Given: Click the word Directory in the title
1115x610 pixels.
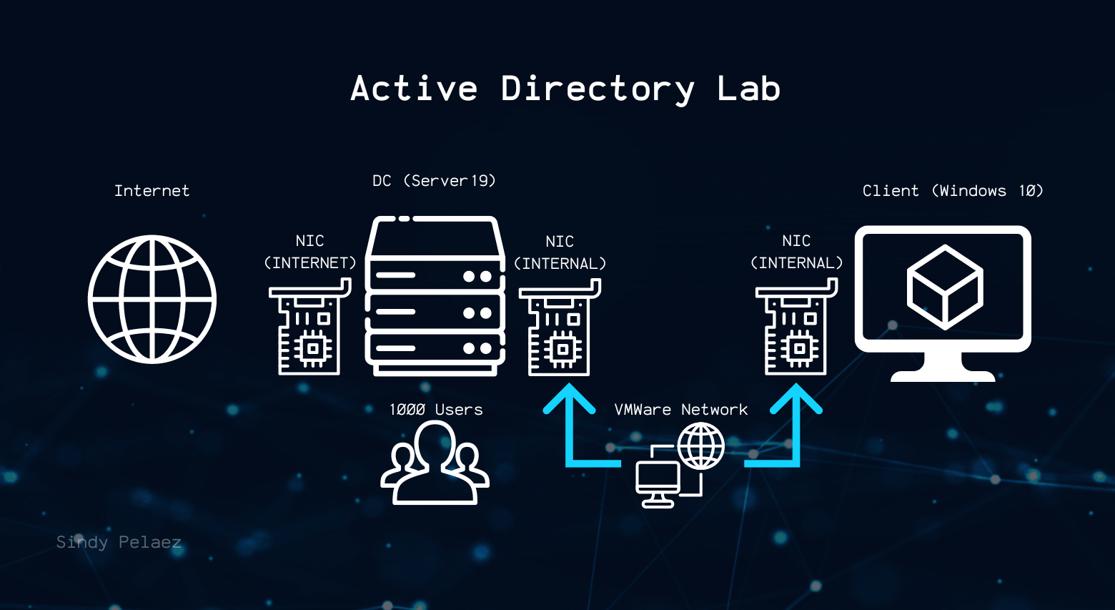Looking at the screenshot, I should (597, 89).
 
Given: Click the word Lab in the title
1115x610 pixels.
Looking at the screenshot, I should (748, 89).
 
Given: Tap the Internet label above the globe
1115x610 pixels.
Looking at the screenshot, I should (152, 191).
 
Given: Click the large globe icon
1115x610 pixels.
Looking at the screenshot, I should (152, 299).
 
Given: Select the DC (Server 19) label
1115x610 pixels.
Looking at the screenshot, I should (434, 181).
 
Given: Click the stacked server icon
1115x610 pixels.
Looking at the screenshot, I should (435, 296).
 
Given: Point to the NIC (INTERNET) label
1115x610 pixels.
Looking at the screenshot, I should (309, 252).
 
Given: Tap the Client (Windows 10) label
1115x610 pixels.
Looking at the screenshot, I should (952, 191).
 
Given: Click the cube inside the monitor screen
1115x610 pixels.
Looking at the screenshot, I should (944, 287).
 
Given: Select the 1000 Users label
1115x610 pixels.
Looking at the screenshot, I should (436, 410).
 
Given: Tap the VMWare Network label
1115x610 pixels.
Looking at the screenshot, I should (680, 410).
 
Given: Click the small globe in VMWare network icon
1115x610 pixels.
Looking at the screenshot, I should (700, 445).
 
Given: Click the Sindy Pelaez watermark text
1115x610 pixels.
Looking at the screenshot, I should (119, 542).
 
